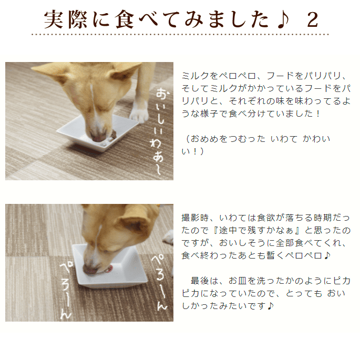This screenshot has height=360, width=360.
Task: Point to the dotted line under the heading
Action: [180, 35]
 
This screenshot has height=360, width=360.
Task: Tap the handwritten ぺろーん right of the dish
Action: [159, 281]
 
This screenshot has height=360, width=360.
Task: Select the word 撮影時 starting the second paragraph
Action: [194, 218]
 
